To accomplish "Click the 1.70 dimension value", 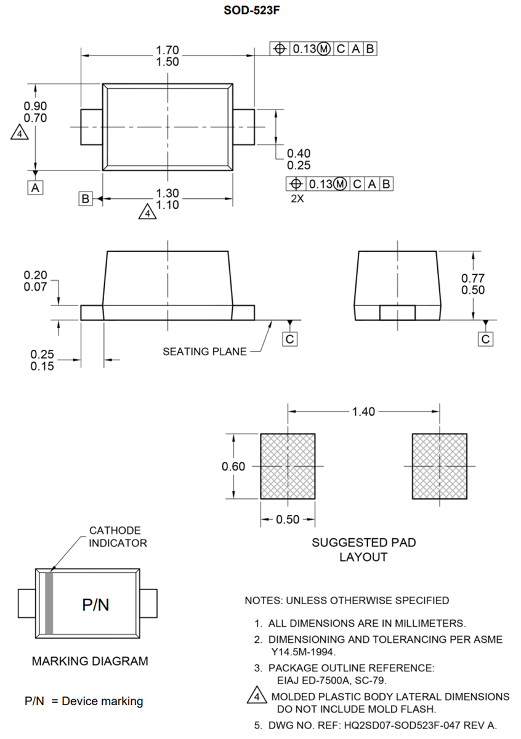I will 168,49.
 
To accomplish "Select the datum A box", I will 36,188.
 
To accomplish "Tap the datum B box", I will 86,198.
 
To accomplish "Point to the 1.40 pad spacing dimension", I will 363,411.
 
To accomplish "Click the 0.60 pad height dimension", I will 233,466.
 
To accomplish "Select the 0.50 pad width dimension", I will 288,520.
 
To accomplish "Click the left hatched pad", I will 288,466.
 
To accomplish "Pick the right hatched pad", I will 439,466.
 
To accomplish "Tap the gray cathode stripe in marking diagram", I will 49,604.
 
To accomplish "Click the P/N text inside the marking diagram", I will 95,605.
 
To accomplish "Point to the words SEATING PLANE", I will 204,352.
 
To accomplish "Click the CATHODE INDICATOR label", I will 118,536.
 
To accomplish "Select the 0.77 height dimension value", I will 473,278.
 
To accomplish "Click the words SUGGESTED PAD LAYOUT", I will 363,549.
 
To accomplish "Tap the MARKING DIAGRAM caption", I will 90,661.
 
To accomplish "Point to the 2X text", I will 299,199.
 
